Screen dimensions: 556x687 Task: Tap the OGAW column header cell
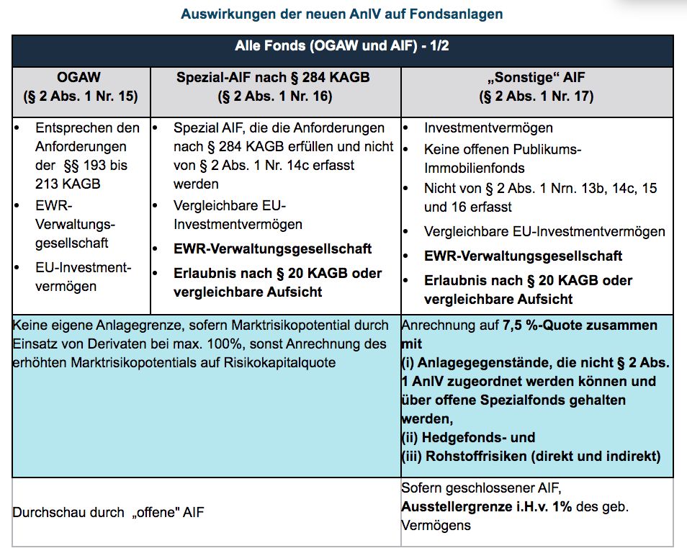(81, 86)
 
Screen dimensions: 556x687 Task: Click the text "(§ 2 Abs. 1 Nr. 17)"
(536, 95)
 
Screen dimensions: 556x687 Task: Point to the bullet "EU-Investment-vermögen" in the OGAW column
(83, 277)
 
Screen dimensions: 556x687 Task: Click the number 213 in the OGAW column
(50, 184)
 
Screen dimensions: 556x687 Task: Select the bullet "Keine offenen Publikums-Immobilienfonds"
(502, 158)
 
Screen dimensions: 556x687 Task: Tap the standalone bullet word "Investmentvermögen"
(488, 128)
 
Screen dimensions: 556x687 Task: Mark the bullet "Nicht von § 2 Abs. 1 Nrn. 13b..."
(540, 197)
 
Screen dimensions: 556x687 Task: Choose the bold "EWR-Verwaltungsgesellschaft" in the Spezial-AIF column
(273, 249)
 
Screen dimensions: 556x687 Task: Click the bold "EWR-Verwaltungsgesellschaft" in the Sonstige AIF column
(524, 256)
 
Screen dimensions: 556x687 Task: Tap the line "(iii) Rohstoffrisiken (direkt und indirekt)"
(530, 456)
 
